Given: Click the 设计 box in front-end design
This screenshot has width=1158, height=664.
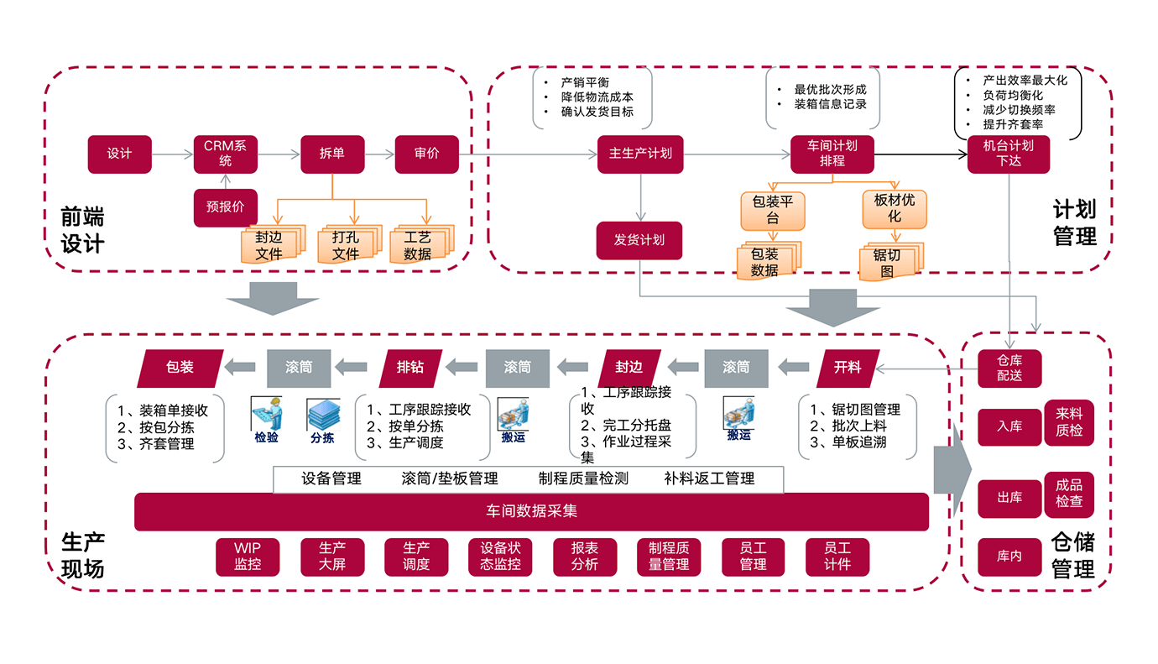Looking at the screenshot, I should pos(120,154).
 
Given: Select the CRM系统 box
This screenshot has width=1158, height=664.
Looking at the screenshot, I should pos(225,154).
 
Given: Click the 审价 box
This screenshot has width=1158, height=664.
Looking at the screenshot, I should pos(426,154).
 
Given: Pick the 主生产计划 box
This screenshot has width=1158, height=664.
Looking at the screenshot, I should pos(640,154).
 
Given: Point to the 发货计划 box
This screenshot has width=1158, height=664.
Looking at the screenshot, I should pos(639,240).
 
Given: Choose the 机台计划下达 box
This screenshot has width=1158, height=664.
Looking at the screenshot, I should pos(1008,154).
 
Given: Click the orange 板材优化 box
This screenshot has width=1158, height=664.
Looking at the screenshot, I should pos(895,209).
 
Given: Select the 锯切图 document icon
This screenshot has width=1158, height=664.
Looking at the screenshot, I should pos(889,262).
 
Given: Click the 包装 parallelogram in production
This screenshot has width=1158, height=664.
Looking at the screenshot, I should pos(180,367).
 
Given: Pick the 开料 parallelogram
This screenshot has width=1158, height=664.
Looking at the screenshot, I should pos(848,367).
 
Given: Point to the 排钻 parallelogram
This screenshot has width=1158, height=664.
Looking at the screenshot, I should pos(409,367).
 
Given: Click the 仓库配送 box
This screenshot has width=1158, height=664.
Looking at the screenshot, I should pos(1009,369).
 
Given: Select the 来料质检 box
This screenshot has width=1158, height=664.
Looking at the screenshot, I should pos(1069,422).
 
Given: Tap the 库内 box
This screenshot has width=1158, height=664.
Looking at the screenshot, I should pos(1009,557).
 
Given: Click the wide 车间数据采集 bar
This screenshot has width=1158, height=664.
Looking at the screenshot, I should pos(531,511).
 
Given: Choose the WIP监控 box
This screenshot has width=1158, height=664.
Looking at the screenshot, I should pos(248,557).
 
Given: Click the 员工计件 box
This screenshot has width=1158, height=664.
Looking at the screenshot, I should pos(837,557).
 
